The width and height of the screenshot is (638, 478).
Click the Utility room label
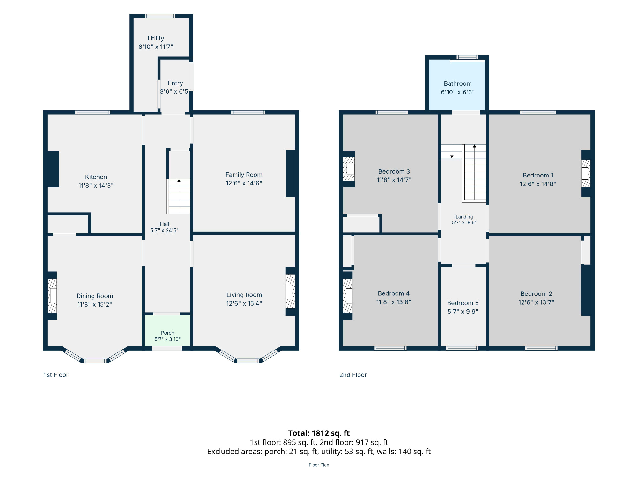click(156, 39)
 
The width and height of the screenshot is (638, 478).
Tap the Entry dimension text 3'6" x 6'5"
click(175, 92)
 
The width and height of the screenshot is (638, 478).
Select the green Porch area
click(168, 330)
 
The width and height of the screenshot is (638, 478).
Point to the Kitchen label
click(96, 177)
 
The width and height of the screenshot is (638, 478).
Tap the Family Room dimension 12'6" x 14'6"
click(244, 183)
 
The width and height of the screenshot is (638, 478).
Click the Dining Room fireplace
click(52, 296)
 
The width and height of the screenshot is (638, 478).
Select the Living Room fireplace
click(290, 291)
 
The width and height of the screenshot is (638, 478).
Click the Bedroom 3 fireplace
click(349, 169)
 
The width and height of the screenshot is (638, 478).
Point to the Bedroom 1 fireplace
click(586, 173)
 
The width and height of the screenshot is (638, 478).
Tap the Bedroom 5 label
click(463, 303)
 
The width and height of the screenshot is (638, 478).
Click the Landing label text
click(464, 217)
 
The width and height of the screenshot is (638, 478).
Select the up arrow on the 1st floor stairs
click(179, 181)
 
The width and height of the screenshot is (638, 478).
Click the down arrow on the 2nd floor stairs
click(452, 156)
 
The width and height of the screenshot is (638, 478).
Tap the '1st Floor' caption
click(56, 375)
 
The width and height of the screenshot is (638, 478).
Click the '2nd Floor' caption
click(353, 375)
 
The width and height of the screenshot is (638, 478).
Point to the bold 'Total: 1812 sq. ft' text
click(319, 433)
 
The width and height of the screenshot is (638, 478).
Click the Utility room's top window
click(160, 16)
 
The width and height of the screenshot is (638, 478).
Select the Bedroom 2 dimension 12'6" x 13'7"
click(536, 302)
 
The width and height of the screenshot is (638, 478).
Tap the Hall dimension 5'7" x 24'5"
click(165, 230)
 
